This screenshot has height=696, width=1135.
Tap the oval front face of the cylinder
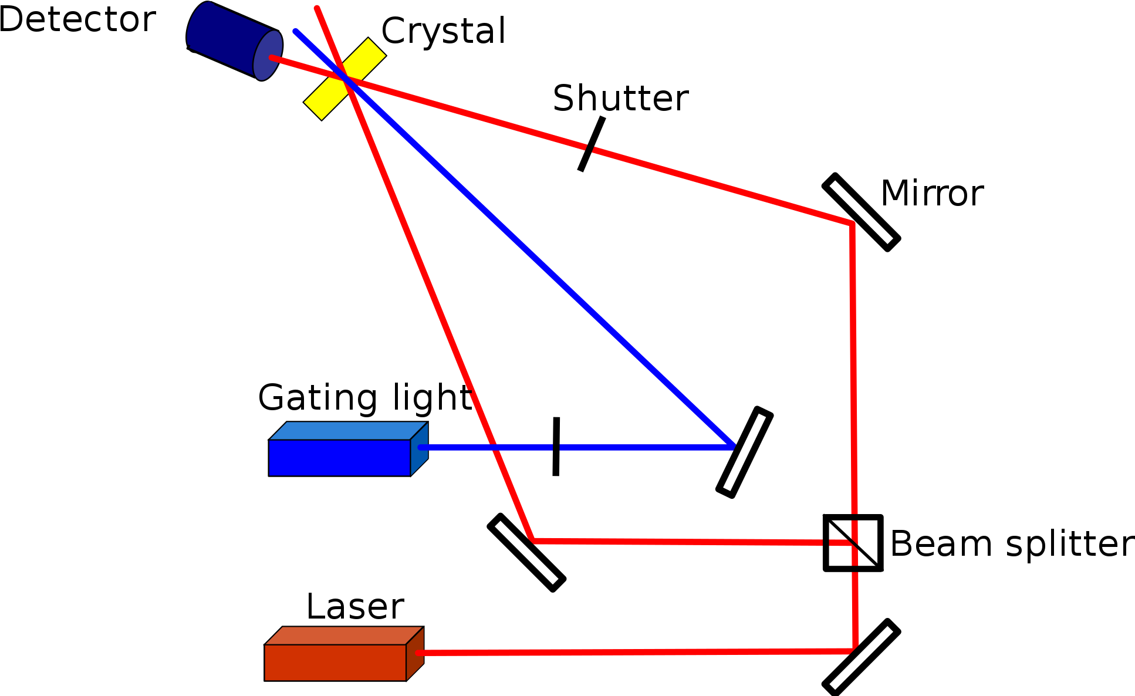coord(268,55)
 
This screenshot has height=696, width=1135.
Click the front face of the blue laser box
coord(339,458)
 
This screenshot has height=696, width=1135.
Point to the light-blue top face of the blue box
coord(347,430)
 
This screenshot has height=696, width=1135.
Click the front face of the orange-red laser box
coord(335,663)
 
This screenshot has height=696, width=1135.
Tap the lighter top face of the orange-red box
coord(343,636)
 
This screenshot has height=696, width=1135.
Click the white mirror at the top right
coord(861,212)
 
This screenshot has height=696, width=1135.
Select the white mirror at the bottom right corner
coord(861,657)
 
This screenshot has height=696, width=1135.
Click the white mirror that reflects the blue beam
coord(744,452)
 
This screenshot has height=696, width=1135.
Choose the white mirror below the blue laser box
coord(526,552)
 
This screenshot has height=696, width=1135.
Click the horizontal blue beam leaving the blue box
coord(646,448)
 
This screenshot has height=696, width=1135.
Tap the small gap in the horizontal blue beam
coord(556,448)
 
